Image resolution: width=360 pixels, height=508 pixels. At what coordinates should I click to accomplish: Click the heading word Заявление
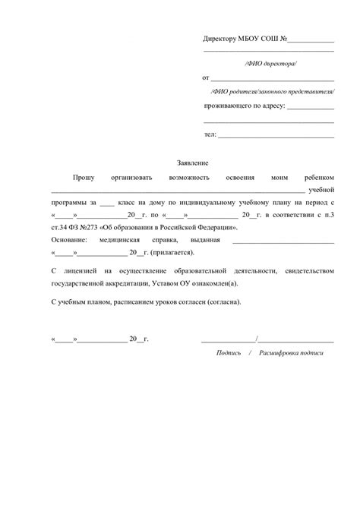[192, 162]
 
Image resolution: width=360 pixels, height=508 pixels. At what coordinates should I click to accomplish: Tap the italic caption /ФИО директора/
[270, 64]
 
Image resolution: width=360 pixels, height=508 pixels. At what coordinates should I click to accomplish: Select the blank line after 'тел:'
[276, 136]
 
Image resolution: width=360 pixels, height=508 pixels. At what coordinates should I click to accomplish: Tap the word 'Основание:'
[69, 240]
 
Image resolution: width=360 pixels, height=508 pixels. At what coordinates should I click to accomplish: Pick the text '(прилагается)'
[172, 253]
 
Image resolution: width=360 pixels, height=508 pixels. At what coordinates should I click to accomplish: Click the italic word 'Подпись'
[229, 353]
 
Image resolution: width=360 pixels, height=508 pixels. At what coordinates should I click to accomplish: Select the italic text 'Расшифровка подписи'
[291, 353]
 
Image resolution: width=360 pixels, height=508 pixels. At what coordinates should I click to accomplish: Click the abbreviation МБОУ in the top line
[252, 38]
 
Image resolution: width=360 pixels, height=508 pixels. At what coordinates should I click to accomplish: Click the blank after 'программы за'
[106, 204]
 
